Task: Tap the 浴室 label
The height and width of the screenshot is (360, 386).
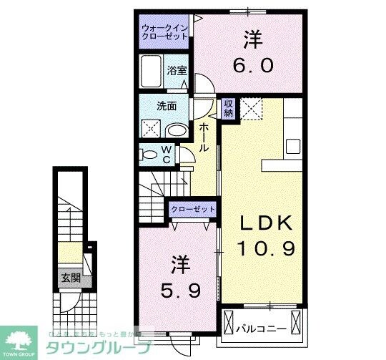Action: pos(176,70)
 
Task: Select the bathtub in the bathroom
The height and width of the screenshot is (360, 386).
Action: pos(152,72)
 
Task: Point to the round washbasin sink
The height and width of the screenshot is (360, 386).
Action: pos(176,130)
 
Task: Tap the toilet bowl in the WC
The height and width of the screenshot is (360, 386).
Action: pos(149,154)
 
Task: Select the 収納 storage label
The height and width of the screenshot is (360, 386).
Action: pos(229,108)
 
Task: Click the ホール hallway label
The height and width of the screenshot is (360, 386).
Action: pos(204,136)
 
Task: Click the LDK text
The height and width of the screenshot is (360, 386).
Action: pos(266,224)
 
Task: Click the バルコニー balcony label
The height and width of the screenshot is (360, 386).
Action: pos(262,329)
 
